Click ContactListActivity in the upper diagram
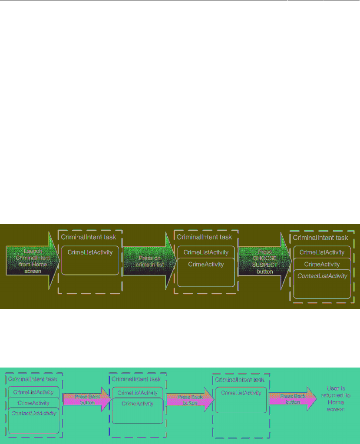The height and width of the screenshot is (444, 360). click(322, 276)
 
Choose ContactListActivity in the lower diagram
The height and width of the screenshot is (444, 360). click(34, 413)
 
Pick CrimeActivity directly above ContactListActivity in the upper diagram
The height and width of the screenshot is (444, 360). click(322, 264)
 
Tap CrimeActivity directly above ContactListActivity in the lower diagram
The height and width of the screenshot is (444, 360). click(34, 403)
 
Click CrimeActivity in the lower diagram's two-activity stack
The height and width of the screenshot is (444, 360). click(137, 403)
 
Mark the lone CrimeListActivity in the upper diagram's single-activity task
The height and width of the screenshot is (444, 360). click(90, 252)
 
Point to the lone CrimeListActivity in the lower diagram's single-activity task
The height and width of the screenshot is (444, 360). click(241, 393)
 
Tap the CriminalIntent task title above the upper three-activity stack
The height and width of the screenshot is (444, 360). click(320, 238)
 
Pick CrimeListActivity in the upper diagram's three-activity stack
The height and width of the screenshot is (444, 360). click(322, 252)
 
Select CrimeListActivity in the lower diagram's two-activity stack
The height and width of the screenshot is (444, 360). click(137, 393)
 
